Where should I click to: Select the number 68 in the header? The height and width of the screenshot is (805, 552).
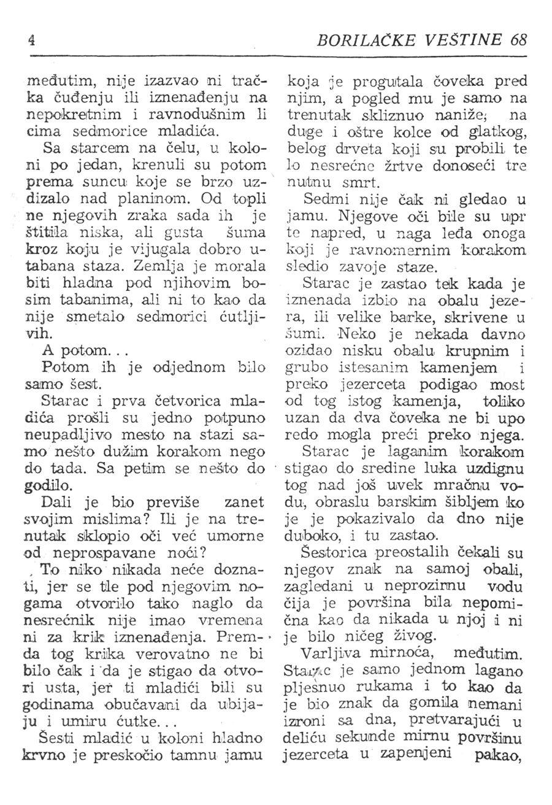[x=518, y=40]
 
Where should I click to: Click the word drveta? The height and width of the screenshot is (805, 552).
[x=384, y=148]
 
